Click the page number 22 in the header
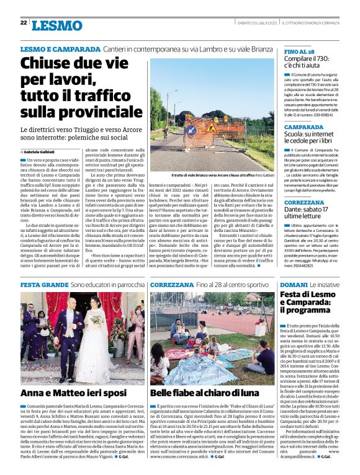[24, 23]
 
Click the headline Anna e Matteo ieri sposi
[74, 393]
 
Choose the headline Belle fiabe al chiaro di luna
[205, 393]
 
